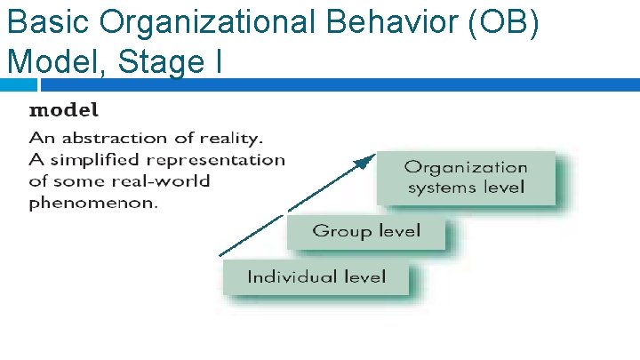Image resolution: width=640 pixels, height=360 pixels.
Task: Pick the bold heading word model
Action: (x=64, y=111)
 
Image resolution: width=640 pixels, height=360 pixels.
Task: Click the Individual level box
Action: (x=316, y=277)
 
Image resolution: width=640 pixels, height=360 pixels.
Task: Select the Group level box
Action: (x=365, y=232)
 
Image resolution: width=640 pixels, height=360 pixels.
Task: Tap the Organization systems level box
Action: (x=466, y=177)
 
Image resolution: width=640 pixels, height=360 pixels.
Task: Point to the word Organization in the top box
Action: (x=466, y=167)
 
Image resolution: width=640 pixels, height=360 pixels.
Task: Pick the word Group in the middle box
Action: (x=339, y=232)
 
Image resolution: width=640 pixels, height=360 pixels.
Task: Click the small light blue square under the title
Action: (x=19, y=85)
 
